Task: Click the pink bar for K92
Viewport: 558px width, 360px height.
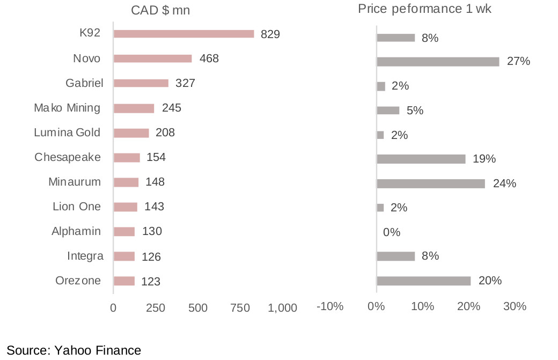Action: point(183,34)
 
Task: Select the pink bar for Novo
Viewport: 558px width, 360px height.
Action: point(153,58)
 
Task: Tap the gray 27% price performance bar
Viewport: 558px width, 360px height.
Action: point(438,62)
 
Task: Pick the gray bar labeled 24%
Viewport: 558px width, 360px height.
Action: point(431,183)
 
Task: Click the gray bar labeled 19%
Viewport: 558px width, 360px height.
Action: point(421,159)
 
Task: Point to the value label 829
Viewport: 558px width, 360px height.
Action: point(270,34)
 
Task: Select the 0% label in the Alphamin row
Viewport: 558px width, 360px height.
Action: point(392,232)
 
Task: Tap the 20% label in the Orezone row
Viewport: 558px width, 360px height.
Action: point(490,281)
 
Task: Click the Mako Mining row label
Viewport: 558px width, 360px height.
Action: point(67,108)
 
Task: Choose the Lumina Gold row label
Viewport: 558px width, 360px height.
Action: point(67,133)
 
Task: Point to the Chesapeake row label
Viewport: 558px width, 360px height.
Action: point(68,157)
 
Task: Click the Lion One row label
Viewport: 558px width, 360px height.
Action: point(77,207)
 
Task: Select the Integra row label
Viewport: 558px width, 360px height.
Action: point(85,256)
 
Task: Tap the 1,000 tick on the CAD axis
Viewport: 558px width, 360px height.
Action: point(282,308)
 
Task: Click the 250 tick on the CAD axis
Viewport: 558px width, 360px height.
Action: point(156,308)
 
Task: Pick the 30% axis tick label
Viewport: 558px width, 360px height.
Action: point(515,306)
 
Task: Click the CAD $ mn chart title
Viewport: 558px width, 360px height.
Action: point(160,11)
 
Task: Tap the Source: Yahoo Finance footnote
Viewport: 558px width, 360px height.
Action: point(74,351)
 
